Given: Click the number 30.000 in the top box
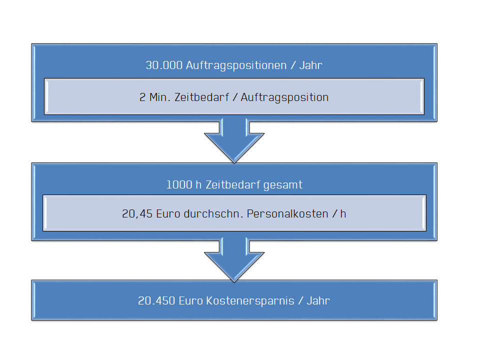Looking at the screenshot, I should (164, 65).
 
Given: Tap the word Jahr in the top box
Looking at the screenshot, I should (311, 65).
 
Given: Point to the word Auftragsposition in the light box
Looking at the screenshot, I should (284, 97).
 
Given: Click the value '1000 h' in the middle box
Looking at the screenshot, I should (181, 184).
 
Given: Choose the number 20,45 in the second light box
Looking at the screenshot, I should (136, 214).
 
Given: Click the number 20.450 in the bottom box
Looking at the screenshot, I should (156, 301).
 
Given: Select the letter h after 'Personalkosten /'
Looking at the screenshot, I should (343, 214).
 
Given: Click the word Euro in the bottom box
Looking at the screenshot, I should (190, 301).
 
